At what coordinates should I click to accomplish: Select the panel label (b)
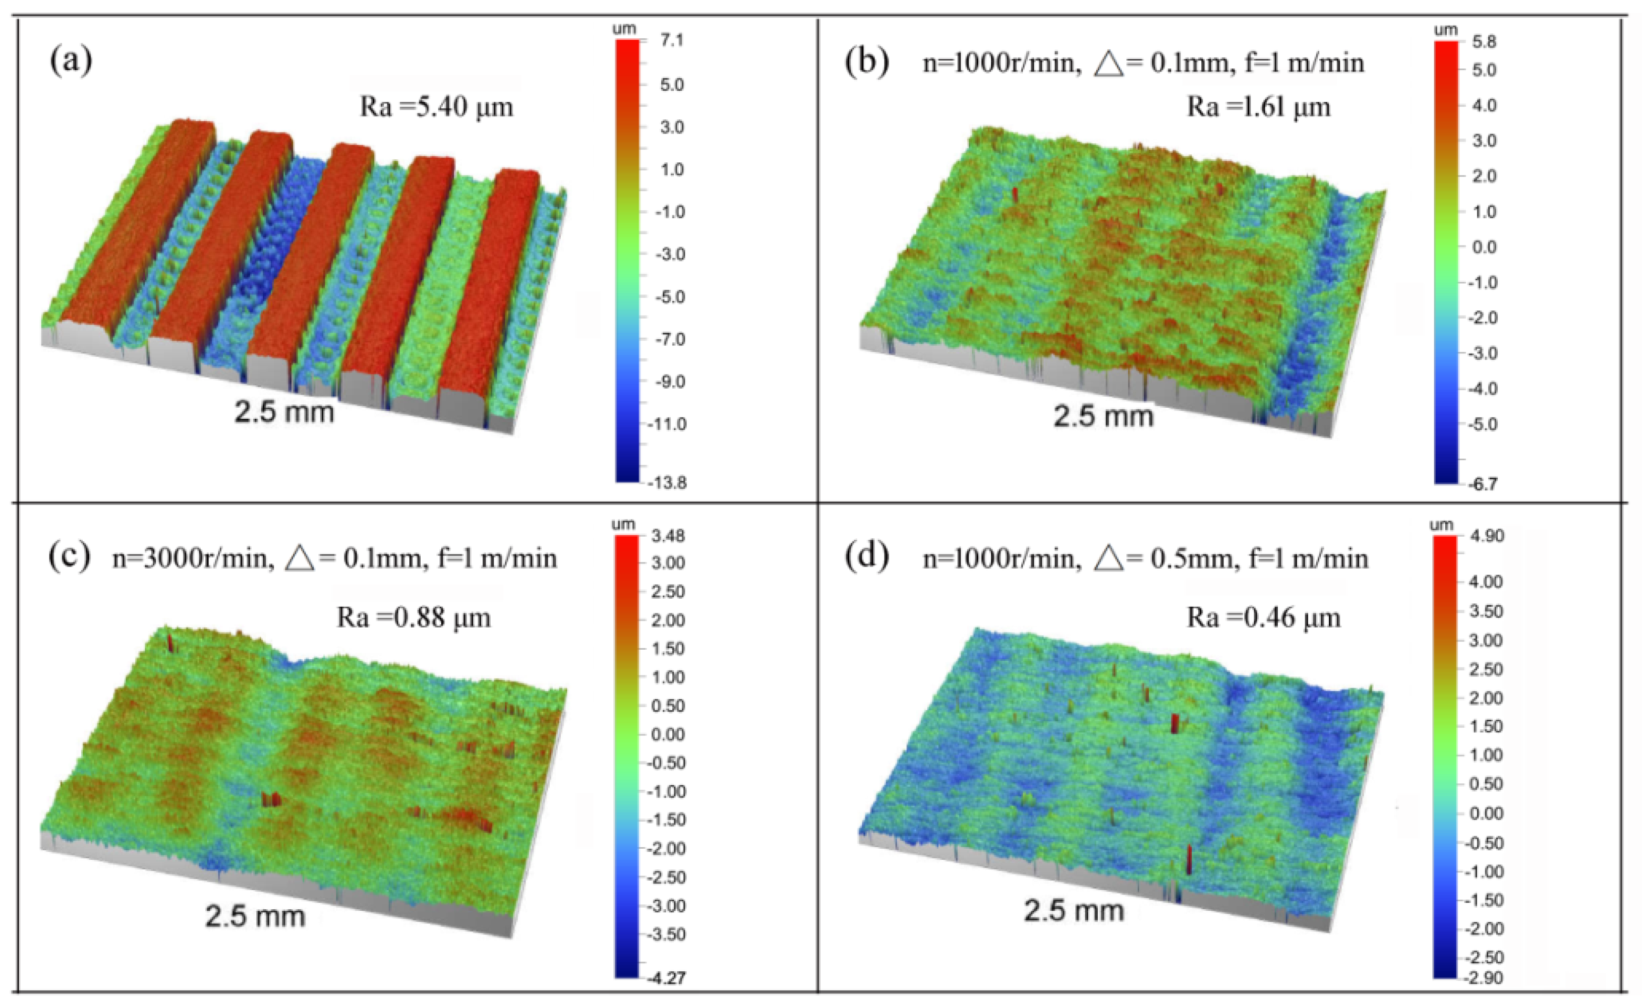pos(866,62)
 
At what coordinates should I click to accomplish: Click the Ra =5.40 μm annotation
pos(437,106)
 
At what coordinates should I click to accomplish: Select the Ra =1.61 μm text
pos(1258,106)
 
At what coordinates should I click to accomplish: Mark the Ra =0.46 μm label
pos(1263,617)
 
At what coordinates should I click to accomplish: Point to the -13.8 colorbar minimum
pos(667,483)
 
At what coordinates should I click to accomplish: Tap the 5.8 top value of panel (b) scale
pos(1484,42)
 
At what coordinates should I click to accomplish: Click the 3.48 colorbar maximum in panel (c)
pos(668,535)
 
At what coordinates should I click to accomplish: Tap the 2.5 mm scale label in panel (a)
pos(284,412)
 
